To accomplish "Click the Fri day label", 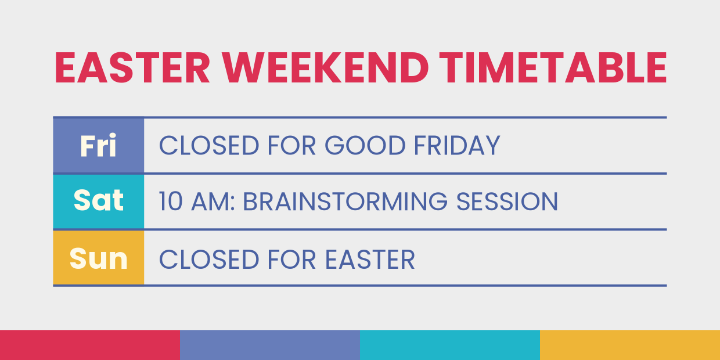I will [x=98, y=146].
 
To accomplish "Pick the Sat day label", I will [x=98, y=201].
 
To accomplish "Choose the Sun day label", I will [x=98, y=258].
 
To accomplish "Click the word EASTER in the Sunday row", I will [x=369, y=259].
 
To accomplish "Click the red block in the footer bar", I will [x=90, y=345].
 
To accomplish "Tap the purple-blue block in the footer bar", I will [x=270, y=345].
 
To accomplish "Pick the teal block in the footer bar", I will [x=450, y=345].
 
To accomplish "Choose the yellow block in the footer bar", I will [x=630, y=345].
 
